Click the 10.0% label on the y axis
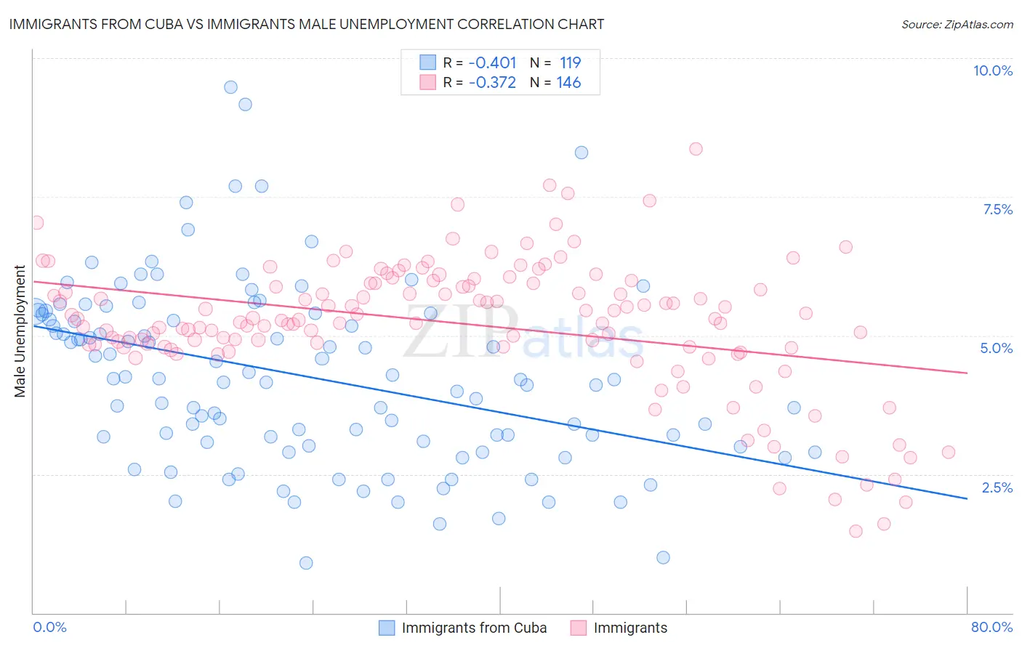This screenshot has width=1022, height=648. [992, 70]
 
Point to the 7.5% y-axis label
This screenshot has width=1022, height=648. [997, 209]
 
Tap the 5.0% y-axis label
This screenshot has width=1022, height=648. [996, 348]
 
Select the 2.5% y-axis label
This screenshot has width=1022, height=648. [997, 487]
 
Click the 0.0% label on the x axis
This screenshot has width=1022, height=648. [49, 627]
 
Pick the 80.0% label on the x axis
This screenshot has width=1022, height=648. [991, 627]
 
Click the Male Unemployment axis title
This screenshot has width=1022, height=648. [20, 331]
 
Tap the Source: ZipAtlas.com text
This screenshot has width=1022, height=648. [957, 25]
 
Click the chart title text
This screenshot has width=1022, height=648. [306, 24]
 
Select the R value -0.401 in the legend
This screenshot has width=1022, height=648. [492, 62]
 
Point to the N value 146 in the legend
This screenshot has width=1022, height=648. [568, 83]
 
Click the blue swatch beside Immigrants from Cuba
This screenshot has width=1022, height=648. [387, 628]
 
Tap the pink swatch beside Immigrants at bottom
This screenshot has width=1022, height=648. [579, 628]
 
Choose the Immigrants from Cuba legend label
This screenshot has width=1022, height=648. [474, 628]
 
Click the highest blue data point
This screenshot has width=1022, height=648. [230, 87]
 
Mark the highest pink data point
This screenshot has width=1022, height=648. [696, 149]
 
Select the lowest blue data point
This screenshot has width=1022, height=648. [306, 563]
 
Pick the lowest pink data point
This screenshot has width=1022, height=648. [856, 531]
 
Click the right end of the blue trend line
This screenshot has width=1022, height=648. [967, 498]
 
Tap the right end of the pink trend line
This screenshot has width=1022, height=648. [967, 373]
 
